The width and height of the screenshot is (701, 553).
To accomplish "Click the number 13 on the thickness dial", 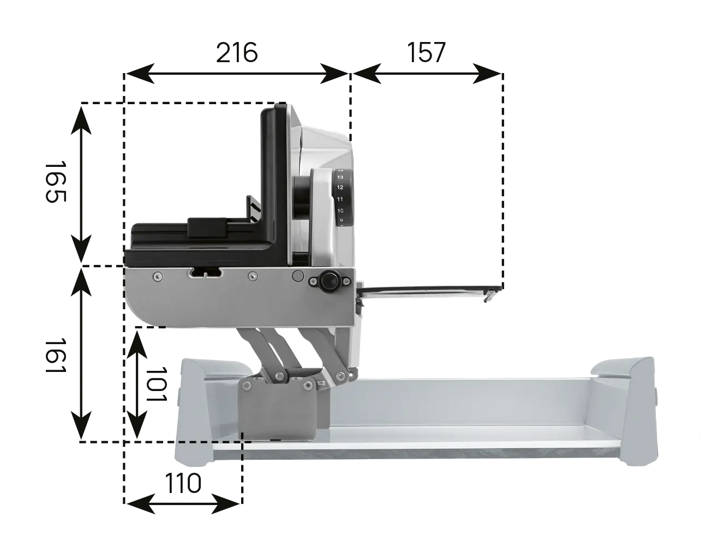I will [x=340, y=177].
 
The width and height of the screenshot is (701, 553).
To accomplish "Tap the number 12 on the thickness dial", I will [x=340, y=188].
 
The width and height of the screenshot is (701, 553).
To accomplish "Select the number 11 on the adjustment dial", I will [x=340, y=199].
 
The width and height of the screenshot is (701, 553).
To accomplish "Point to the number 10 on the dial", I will [x=340, y=211].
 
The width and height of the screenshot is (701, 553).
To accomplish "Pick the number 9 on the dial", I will [x=340, y=220].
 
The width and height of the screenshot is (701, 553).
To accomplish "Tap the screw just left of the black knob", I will [x=313, y=281].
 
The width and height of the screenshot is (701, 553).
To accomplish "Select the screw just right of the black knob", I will [x=346, y=281].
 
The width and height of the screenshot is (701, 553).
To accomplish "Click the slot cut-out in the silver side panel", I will [x=205, y=272].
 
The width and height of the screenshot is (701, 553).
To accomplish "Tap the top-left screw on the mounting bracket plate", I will [x=246, y=386].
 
